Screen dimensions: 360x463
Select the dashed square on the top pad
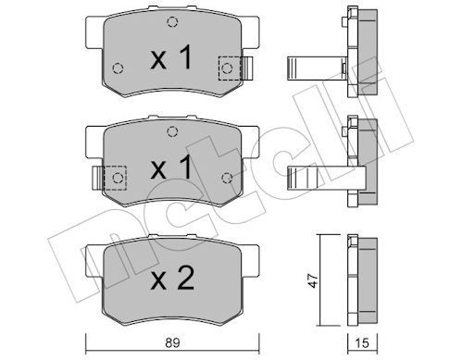click(228, 68)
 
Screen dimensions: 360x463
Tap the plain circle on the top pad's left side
click(117, 67)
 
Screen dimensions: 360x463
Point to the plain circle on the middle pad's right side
click(227, 176)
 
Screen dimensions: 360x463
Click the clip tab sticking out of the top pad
click(247, 68)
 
